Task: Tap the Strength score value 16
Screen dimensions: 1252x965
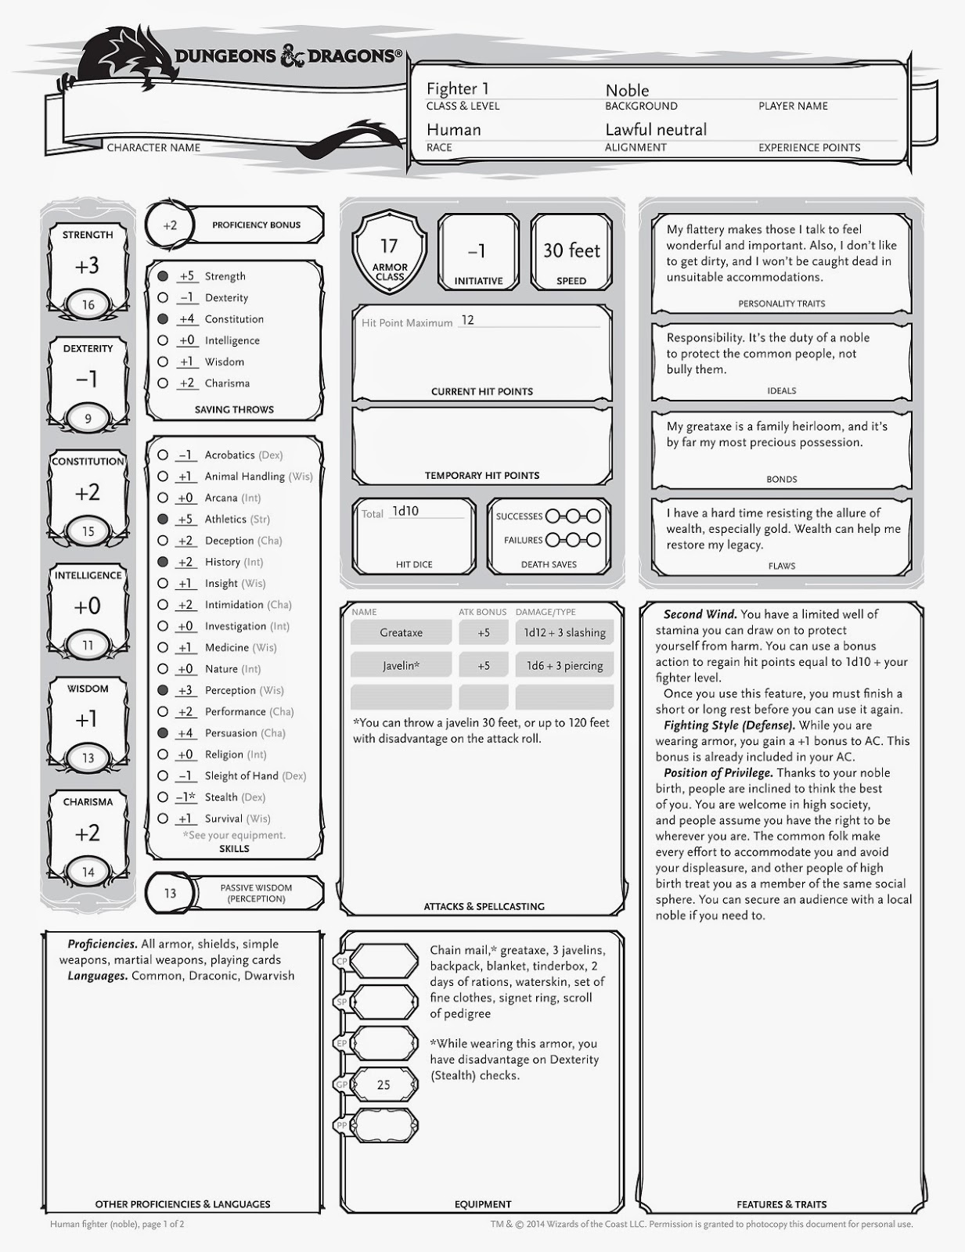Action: pos(88,305)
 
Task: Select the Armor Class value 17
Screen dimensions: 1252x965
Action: pos(389,246)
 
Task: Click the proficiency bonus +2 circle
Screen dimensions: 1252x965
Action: pos(170,225)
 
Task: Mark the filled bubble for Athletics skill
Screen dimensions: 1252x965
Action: pos(163,519)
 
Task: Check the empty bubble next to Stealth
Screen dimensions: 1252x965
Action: pos(163,797)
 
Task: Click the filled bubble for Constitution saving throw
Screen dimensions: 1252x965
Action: pos(163,319)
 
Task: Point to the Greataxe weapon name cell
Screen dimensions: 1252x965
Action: pos(401,632)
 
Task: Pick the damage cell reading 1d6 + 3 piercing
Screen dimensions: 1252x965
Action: pos(564,666)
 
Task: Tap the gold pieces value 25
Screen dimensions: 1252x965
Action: pos(383,1085)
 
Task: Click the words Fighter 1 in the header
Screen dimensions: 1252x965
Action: pos(457,88)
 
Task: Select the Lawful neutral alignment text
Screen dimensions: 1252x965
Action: pos(656,130)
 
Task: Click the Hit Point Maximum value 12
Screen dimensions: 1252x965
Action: pos(468,320)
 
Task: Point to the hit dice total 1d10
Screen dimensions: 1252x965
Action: pos(405,511)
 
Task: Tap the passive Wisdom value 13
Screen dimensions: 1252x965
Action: pos(170,893)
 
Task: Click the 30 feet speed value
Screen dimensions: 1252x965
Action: pos(571,250)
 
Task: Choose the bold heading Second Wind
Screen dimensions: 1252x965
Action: pos(700,614)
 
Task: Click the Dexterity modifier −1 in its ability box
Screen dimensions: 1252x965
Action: pos(87,380)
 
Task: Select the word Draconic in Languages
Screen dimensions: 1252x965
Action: pos(212,976)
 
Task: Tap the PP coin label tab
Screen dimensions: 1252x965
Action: pos(342,1125)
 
